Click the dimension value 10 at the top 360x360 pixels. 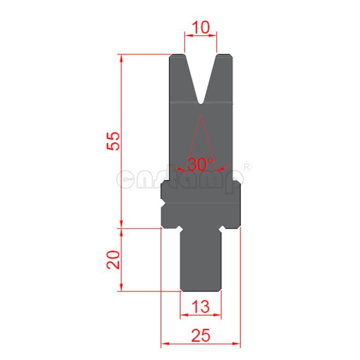pos(201,28)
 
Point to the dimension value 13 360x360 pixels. pos(200,307)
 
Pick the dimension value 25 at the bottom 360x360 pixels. pos(201,335)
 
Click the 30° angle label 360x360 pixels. pos(201,164)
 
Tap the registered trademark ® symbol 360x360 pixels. pos(247,166)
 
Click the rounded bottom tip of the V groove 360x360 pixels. pos(201,102)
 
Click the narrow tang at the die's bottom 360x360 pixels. pos(201,261)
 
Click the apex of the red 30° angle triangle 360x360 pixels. pos(201,116)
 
